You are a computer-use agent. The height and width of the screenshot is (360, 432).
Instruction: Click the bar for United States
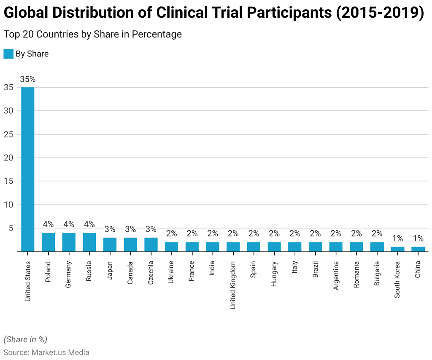pos(28,169)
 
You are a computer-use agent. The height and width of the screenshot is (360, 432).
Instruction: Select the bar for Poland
pos(49,242)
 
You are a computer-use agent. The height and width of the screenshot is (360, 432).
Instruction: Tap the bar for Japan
pos(110,244)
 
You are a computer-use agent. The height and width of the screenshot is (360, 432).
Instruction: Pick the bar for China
pos(418,249)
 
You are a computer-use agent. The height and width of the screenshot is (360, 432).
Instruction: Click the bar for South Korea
pos(397,249)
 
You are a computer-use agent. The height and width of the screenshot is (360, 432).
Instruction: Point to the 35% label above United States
pos(28,79)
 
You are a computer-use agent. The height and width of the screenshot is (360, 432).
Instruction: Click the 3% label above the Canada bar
pos(130,229)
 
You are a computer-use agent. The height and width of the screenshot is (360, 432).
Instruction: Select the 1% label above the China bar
pos(418,239)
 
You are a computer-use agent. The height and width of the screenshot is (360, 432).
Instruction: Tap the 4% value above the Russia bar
pos(89,224)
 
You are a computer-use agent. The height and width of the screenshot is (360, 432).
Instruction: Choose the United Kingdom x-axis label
pos(233,285)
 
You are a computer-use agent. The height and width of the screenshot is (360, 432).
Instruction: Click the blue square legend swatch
pos(8,54)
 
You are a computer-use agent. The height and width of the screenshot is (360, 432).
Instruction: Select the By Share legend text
pos(32,54)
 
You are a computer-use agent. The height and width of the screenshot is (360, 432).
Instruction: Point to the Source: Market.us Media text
pos(46,352)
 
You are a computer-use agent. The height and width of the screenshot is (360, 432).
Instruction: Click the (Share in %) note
pos(25,339)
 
